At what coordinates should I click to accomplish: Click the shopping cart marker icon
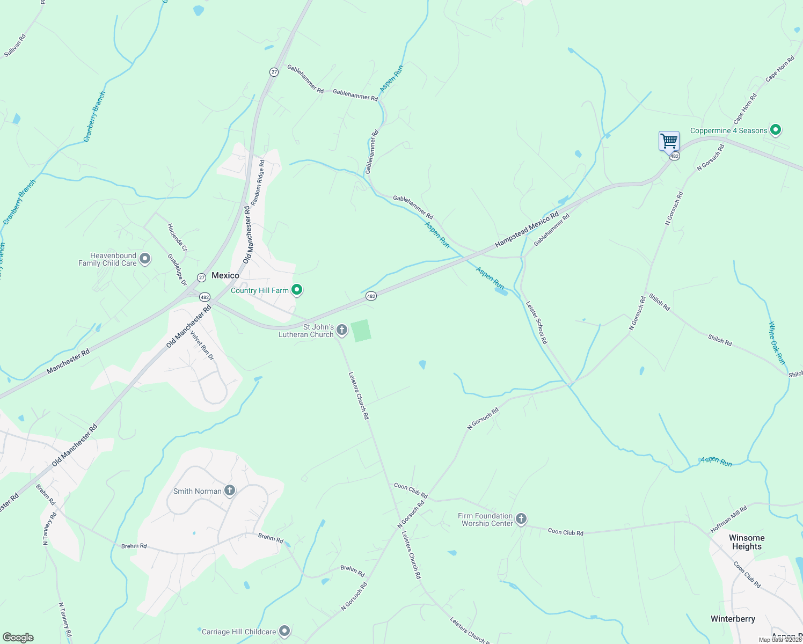point(669,142)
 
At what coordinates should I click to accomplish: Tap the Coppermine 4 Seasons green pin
point(775,130)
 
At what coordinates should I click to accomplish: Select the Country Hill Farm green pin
point(297,290)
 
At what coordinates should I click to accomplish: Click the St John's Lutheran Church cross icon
point(342,331)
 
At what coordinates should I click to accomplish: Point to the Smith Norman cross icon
point(230,491)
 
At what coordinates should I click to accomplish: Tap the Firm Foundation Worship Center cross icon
point(521,519)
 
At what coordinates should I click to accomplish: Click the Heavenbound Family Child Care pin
point(145,259)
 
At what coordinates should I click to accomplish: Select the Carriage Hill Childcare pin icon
point(284,631)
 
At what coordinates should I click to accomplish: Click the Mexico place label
point(225,275)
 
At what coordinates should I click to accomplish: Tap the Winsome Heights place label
point(747,542)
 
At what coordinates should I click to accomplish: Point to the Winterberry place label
point(733,619)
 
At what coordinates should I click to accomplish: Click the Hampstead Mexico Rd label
point(527,230)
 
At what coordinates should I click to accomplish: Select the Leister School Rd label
point(537,322)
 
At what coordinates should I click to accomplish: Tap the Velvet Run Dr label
point(202,345)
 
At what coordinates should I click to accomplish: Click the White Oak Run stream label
point(777,343)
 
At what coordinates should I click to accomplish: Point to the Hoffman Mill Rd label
point(729,519)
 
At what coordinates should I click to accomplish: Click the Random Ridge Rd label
point(258,179)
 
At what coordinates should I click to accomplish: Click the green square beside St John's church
point(361,330)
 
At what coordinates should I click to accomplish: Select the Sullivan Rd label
point(15,46)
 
